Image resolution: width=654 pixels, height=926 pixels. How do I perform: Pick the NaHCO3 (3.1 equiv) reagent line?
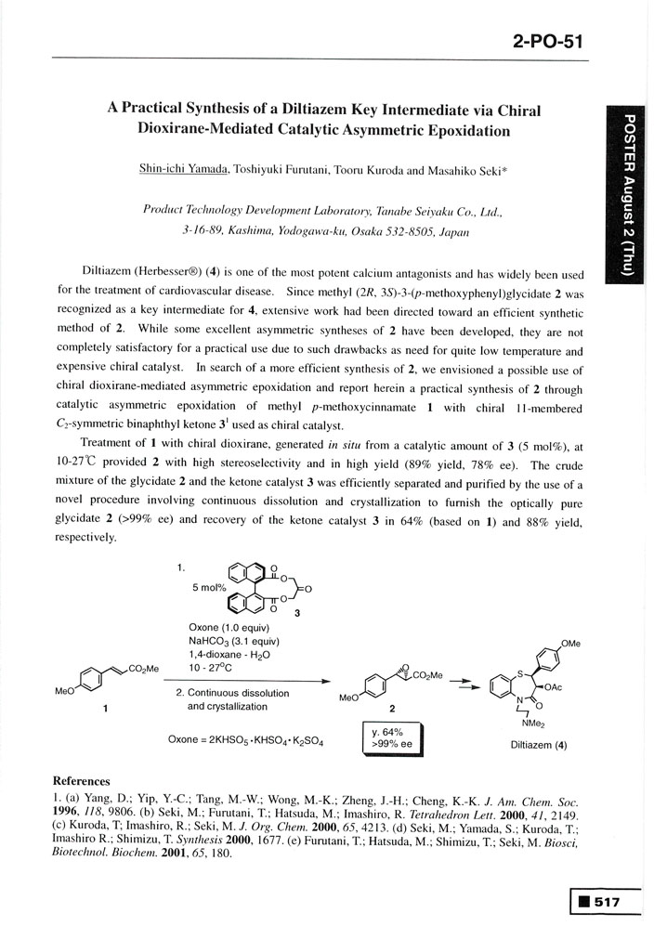[229, 640]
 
